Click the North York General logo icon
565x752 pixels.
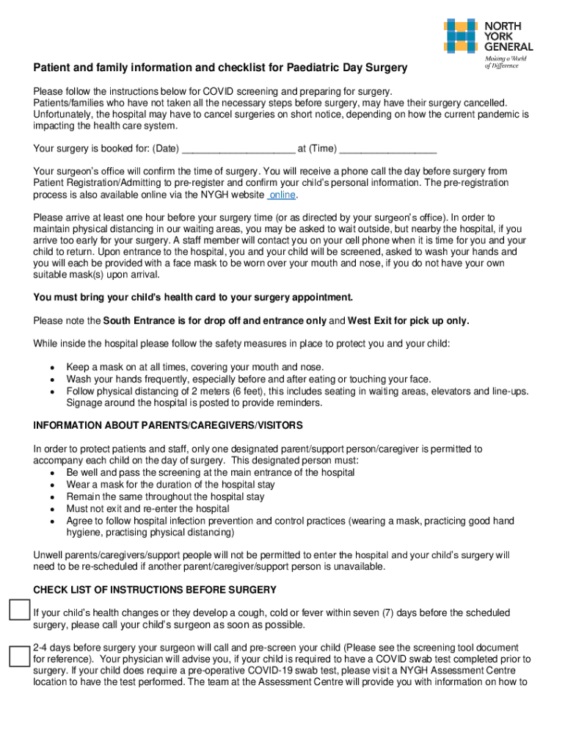pos(462,37)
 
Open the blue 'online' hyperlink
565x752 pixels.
pos(283,195)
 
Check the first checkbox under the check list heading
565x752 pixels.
pos(18,611)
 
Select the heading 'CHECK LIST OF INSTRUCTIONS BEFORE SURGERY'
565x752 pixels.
pos(155,590)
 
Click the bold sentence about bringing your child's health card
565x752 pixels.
pos(193,297)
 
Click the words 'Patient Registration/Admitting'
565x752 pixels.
pos(98,182)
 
